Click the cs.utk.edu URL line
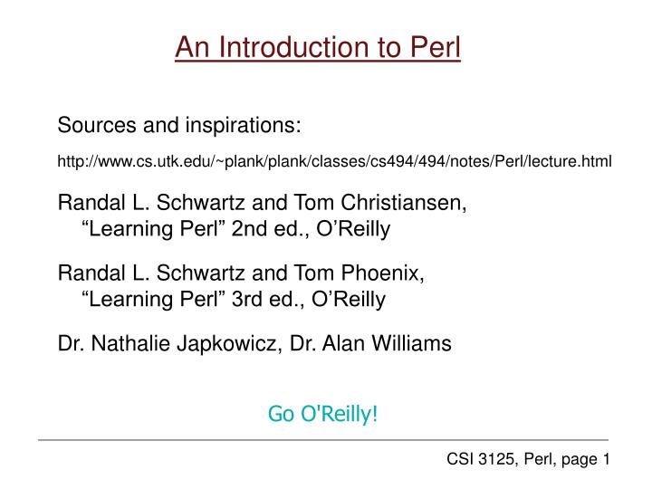click(x=334, y=162)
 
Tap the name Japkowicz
click(x=235, y=344)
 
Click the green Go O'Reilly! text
click(x=323, y=414)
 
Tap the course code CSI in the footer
click(x=461, y=460)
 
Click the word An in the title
click(x=188, y=46)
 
